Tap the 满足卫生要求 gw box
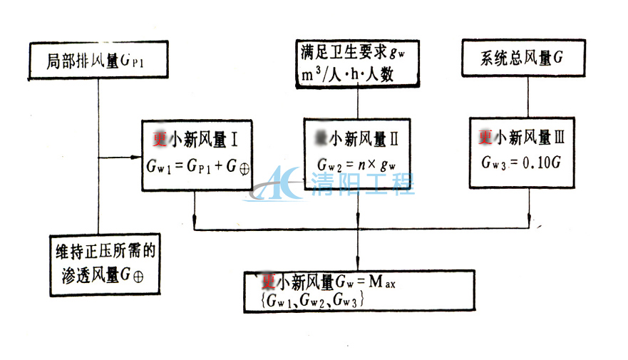[x=357, y=63]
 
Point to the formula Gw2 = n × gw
[x=357, y=166]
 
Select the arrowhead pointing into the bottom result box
[x=357, y=265]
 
